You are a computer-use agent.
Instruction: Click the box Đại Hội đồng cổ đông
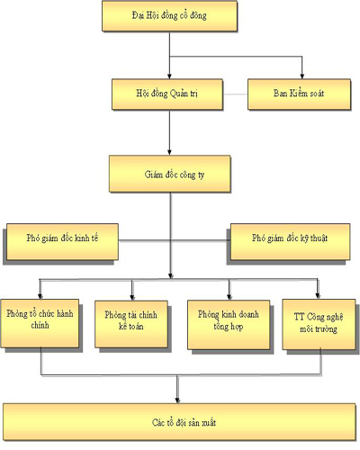click(170, 16)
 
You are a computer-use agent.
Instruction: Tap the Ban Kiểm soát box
click(298, 93)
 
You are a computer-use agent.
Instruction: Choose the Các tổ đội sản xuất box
click(180, 420)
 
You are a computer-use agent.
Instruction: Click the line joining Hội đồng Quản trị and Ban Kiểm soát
click(236, 94)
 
